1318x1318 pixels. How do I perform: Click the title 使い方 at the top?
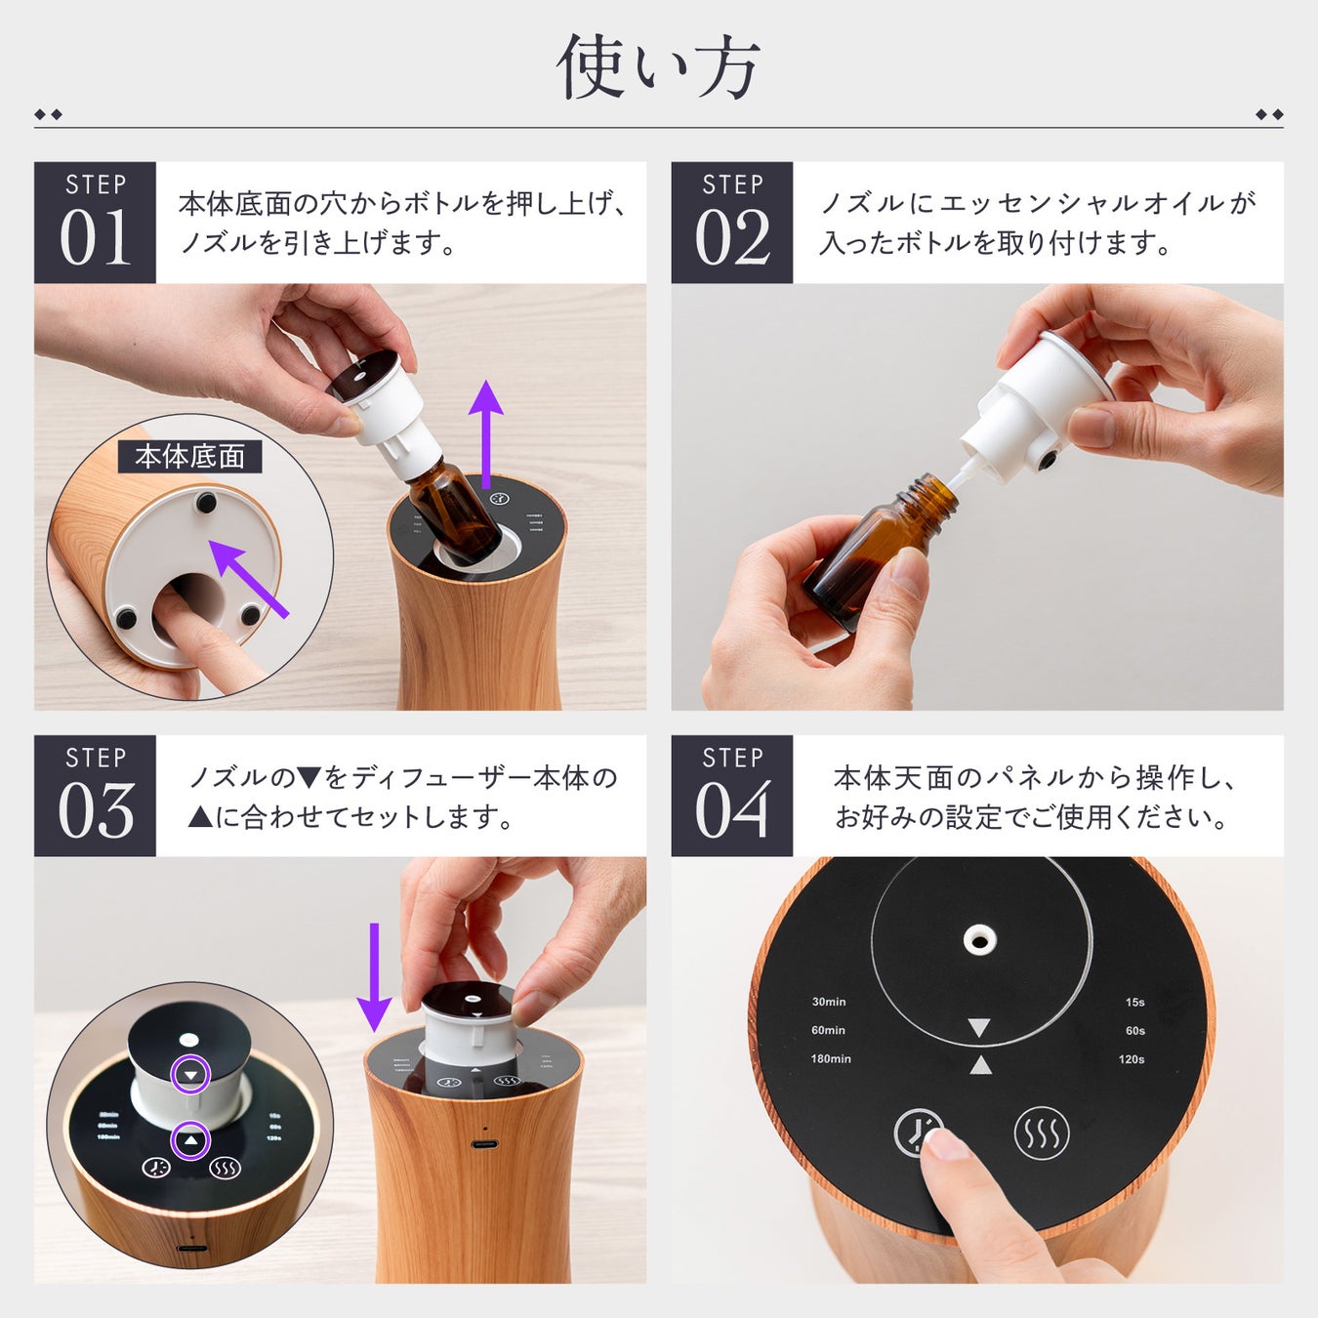(658, 67)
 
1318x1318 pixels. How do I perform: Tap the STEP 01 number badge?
(95, 223)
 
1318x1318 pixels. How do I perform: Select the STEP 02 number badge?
(732, 223)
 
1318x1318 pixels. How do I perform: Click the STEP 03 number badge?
(95, 796)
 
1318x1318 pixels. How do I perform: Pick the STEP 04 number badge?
(732, 796)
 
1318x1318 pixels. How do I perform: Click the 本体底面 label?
(190, 456)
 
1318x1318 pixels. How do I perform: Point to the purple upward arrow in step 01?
(485, 435)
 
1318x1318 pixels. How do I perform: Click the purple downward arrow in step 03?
(374, 977)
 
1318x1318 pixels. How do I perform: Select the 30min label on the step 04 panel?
(829, 1002)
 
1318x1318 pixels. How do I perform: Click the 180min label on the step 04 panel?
(830, 1058)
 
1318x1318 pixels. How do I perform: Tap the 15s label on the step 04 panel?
(1134, 1002)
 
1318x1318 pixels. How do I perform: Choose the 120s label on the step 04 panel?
(1132, 1058)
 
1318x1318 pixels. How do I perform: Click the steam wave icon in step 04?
(1041, 1133)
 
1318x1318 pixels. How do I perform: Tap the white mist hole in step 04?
(978, 940)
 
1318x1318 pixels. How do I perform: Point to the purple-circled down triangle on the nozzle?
(191, 1075)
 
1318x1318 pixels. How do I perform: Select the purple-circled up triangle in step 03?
(190, 1140)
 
